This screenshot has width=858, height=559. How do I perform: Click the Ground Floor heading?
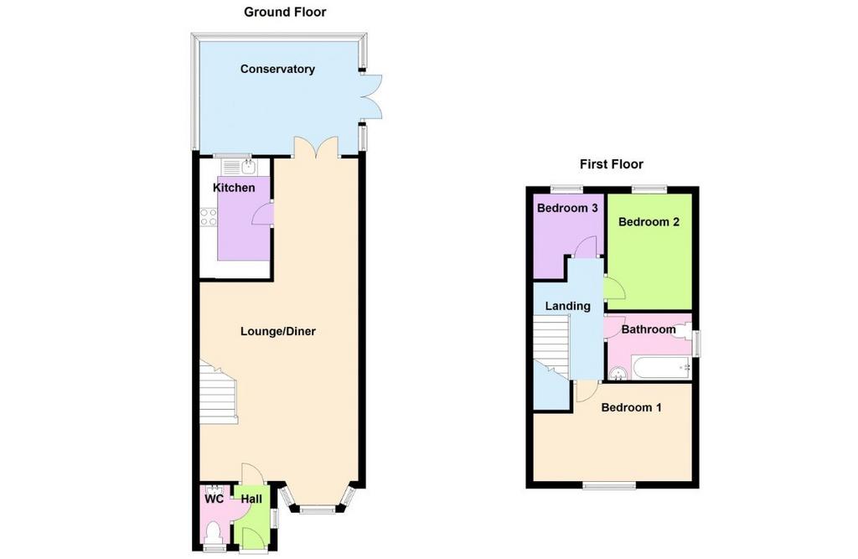[285, 12]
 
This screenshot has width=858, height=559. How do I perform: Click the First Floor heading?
[611, 164]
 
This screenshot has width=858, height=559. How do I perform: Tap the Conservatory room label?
[277, 69]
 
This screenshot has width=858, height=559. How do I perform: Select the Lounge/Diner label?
[278, 331]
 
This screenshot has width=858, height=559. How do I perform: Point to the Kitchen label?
[234, 188]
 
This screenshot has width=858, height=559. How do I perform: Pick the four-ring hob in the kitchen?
[209, 217]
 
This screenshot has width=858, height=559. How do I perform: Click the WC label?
[214, 499]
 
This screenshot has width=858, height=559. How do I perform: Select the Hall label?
[251, 499]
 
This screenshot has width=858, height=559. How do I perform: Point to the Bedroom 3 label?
[567, 208]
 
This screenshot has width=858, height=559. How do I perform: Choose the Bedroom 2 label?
[649, 222]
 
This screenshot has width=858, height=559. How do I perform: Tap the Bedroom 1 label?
[631, 407]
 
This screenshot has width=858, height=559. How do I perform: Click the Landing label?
[567, 306]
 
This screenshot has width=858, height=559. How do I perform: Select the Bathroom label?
[649, 329]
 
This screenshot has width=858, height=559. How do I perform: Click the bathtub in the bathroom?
[662, 368]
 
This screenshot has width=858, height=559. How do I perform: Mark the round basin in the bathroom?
[619, 374]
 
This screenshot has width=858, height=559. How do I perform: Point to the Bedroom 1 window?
[609, 485]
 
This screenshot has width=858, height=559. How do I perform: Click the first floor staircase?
[551, 346]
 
